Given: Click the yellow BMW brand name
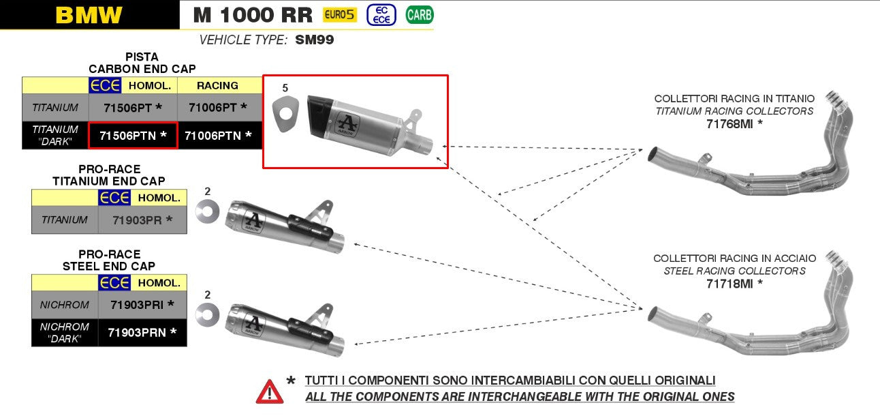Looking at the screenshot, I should click(x=89, y=15).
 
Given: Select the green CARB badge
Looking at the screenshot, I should click(x=420, y=14).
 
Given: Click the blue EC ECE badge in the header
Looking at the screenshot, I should click(x=381, y=14).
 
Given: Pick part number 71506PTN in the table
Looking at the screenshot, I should click(x=133, y=135).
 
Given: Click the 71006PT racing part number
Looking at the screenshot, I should click(x=217, y=107).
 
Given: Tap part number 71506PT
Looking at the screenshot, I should click(x=132, y=107).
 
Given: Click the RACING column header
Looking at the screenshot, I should click(x=217, y=85).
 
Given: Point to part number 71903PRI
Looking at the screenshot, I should click(x=142, y=304).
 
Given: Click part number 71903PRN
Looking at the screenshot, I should click(x=142, y=332).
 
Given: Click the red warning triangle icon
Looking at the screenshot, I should click(x=270, y=391).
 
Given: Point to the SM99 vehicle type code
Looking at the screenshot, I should click(x=314, y=40).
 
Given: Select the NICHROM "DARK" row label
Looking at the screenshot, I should click(x=65, y=332).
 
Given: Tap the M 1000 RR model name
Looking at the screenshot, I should click(x=252, y=15).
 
